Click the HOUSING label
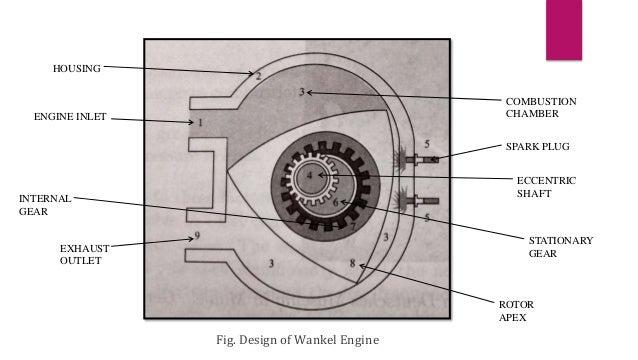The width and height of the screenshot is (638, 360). (76, 68)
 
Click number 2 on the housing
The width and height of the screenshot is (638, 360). (257, 75)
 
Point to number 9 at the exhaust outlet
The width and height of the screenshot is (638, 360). (197, 236)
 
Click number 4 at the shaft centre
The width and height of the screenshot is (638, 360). (310, 176)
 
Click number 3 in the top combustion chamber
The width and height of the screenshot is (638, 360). (301, 92)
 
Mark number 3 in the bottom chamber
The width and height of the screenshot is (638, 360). (272, 262)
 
